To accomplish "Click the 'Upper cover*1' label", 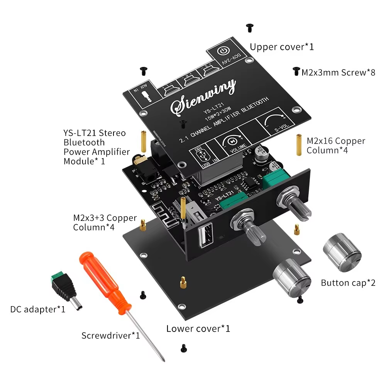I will pos(282,47).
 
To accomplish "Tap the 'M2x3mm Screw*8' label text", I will pos(338,72).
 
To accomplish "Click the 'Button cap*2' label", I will pos(348,283).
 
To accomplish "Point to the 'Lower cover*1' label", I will pos(198,329).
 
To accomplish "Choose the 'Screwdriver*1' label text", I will pos(110,335).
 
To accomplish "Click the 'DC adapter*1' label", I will pos(38,309).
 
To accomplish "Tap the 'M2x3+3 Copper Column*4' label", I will pos(105,223).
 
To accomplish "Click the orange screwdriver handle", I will pos(105,281).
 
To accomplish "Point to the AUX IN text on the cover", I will pos(142,91).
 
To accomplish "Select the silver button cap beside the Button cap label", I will pos(342,247).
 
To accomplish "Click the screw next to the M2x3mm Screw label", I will pos(296,71).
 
